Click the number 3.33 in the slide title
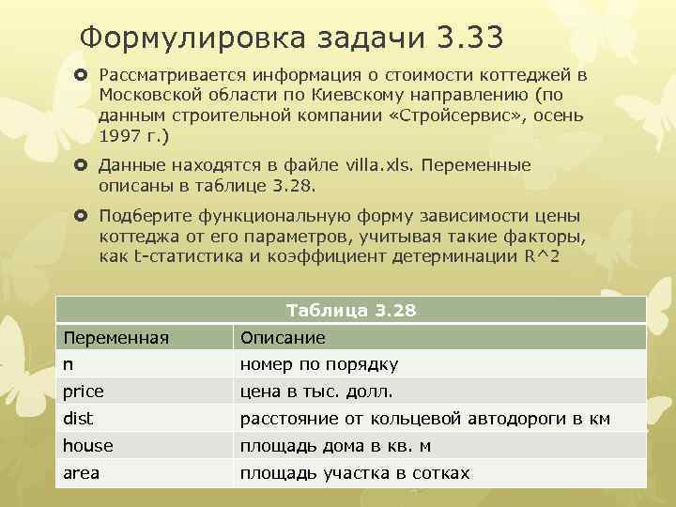pos(469,38)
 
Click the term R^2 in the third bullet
pos(542,255)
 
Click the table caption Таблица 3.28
pos(351,310)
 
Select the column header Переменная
pos(115,337)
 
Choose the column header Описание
pos(283,337)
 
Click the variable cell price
pos(84,391)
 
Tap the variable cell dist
pos(78,419)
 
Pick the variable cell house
pos(87,446)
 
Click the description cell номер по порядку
pos(319,364)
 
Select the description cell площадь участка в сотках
pos(355,473)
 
